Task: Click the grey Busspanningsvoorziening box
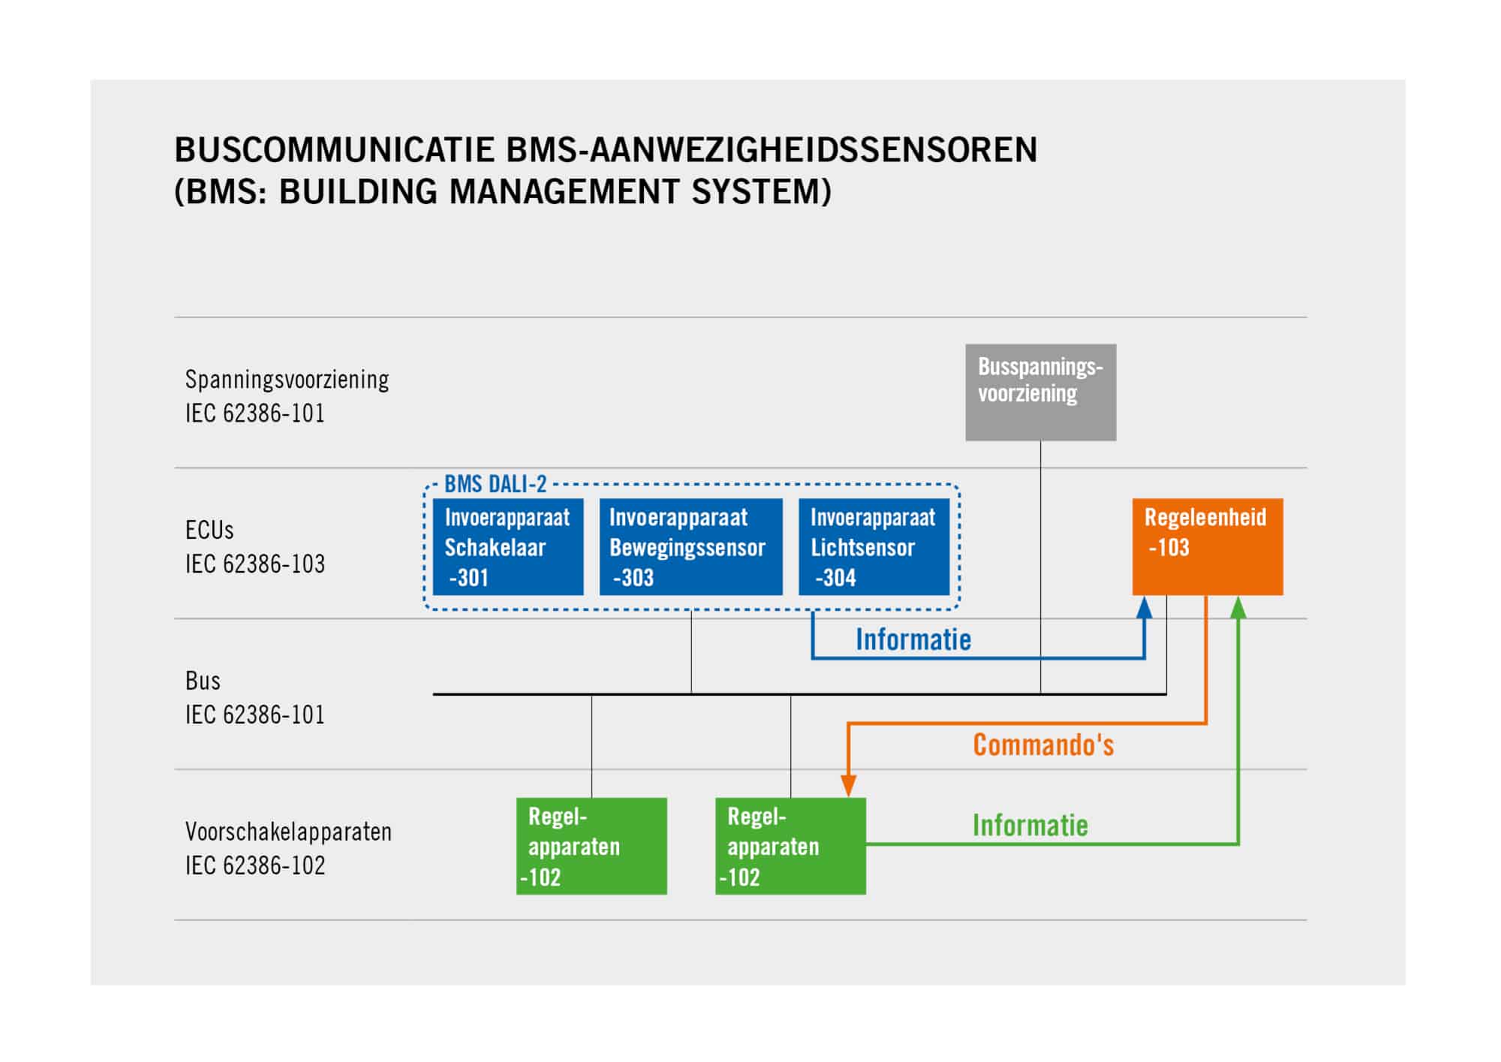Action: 1040,392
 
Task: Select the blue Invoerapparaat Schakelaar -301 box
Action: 508,546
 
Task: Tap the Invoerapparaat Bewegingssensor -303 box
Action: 690,546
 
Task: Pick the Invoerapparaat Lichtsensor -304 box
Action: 874,546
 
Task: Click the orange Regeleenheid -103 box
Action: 1208,546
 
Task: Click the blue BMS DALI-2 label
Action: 495,484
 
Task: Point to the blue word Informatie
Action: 913,639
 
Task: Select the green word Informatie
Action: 1030,826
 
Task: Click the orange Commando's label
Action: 1043,745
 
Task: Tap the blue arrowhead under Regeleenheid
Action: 1145,606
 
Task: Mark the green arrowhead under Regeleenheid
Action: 1238,606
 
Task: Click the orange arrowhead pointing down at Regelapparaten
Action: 849,786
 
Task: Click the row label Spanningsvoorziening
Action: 287,380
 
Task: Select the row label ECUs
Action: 209,530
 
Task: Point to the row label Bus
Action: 203,681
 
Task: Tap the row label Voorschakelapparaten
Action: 289,832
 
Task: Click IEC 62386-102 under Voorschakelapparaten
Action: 255,865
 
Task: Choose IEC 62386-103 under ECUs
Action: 255,564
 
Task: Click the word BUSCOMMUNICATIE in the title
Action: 334,150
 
